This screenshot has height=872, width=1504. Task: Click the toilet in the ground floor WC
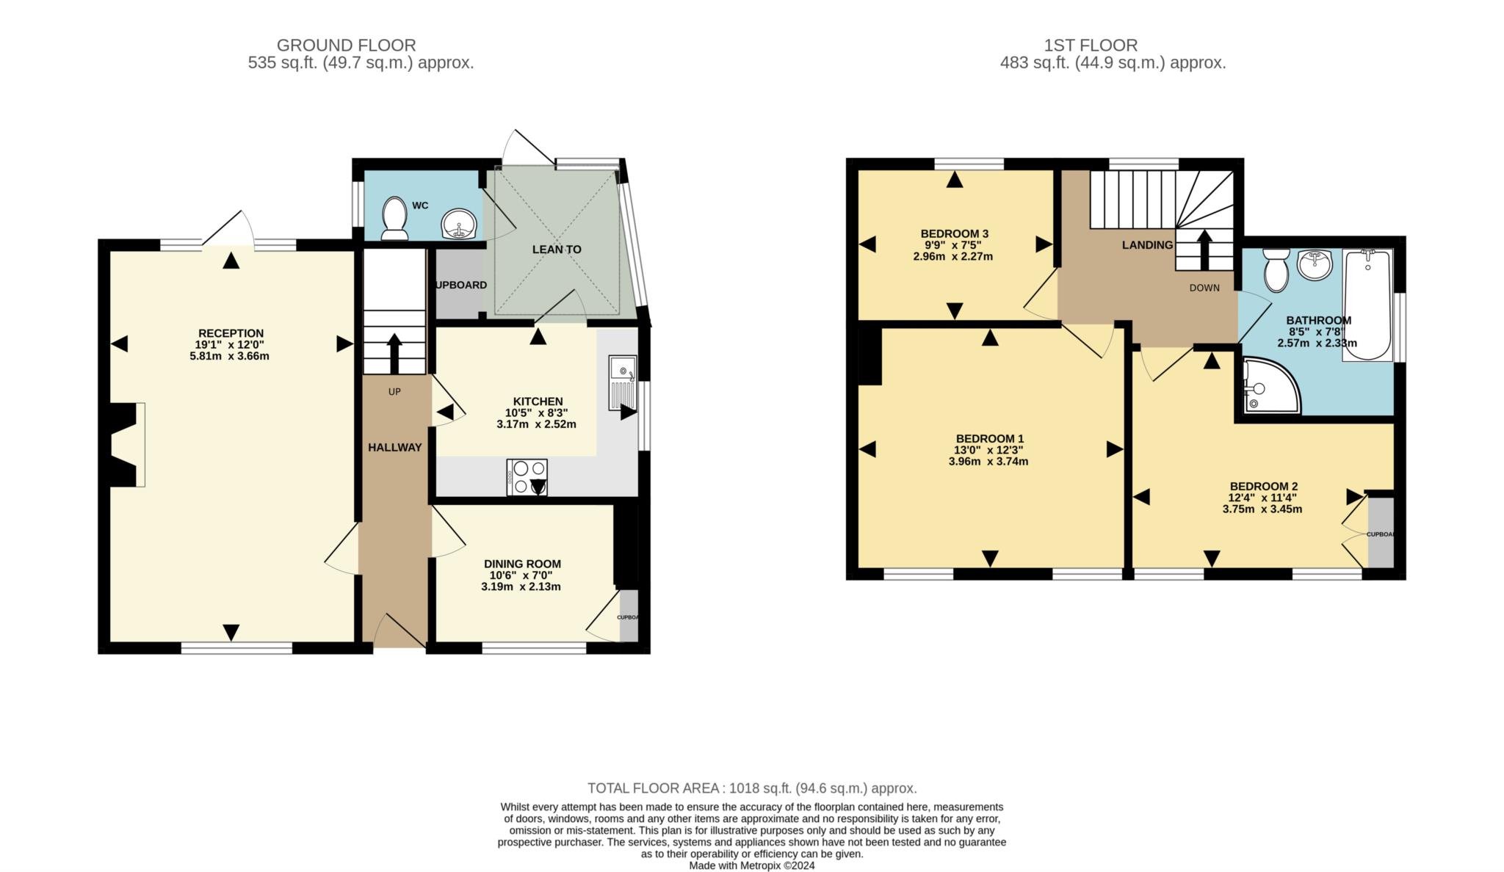395,218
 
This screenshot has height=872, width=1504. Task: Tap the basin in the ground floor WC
460,223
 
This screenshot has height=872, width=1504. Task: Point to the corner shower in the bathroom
1268,386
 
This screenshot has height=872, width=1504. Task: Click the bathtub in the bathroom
1367,304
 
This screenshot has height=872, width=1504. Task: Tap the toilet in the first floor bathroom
1276,269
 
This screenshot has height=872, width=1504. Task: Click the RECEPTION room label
231,333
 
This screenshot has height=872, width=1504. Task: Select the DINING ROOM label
522,564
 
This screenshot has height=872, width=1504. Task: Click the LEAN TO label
557,250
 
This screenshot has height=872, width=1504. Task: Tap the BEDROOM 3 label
952,234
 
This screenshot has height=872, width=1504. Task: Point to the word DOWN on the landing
1204,288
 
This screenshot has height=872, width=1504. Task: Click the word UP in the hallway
394,392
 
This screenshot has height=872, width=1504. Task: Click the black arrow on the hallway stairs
394,353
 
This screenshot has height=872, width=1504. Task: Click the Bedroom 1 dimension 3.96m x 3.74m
988,462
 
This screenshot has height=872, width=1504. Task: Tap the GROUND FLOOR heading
346,46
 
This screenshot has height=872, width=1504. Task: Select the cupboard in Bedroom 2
1381,533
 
